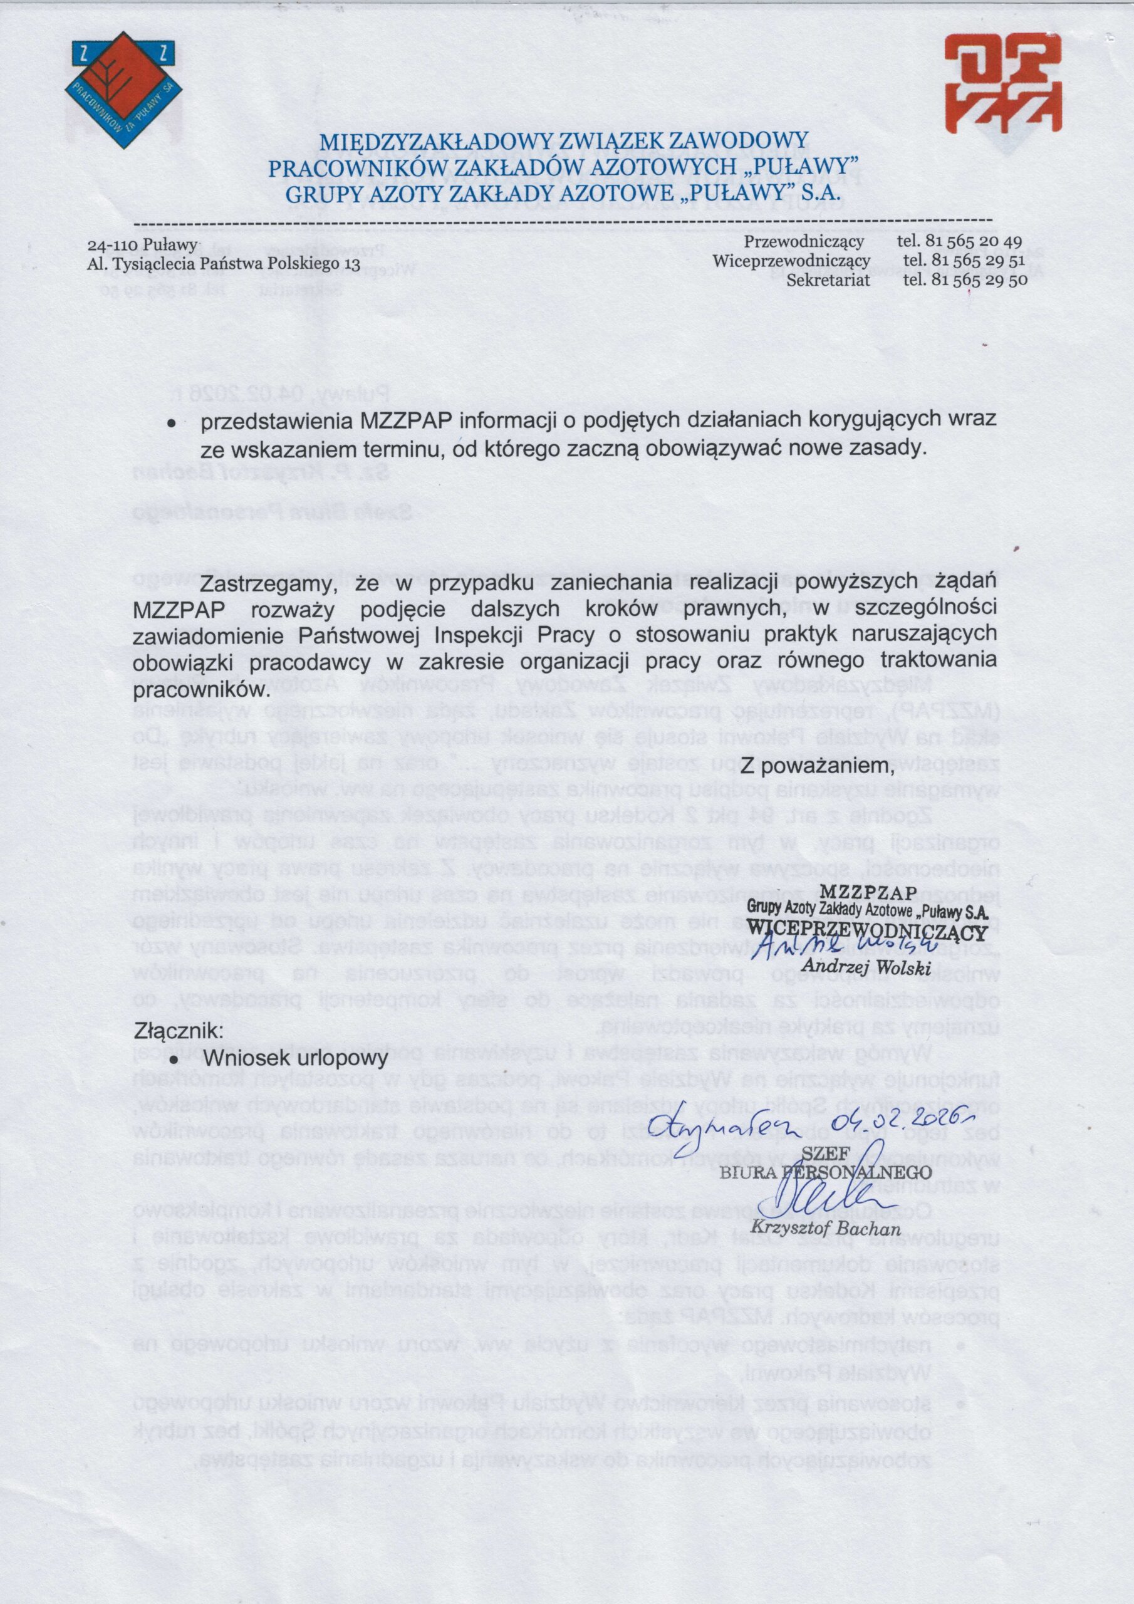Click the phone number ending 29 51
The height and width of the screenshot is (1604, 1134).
point(964,261)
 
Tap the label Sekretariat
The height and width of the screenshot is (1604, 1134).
point(828,280)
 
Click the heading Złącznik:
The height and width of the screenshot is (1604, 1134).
point(179,1029)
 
